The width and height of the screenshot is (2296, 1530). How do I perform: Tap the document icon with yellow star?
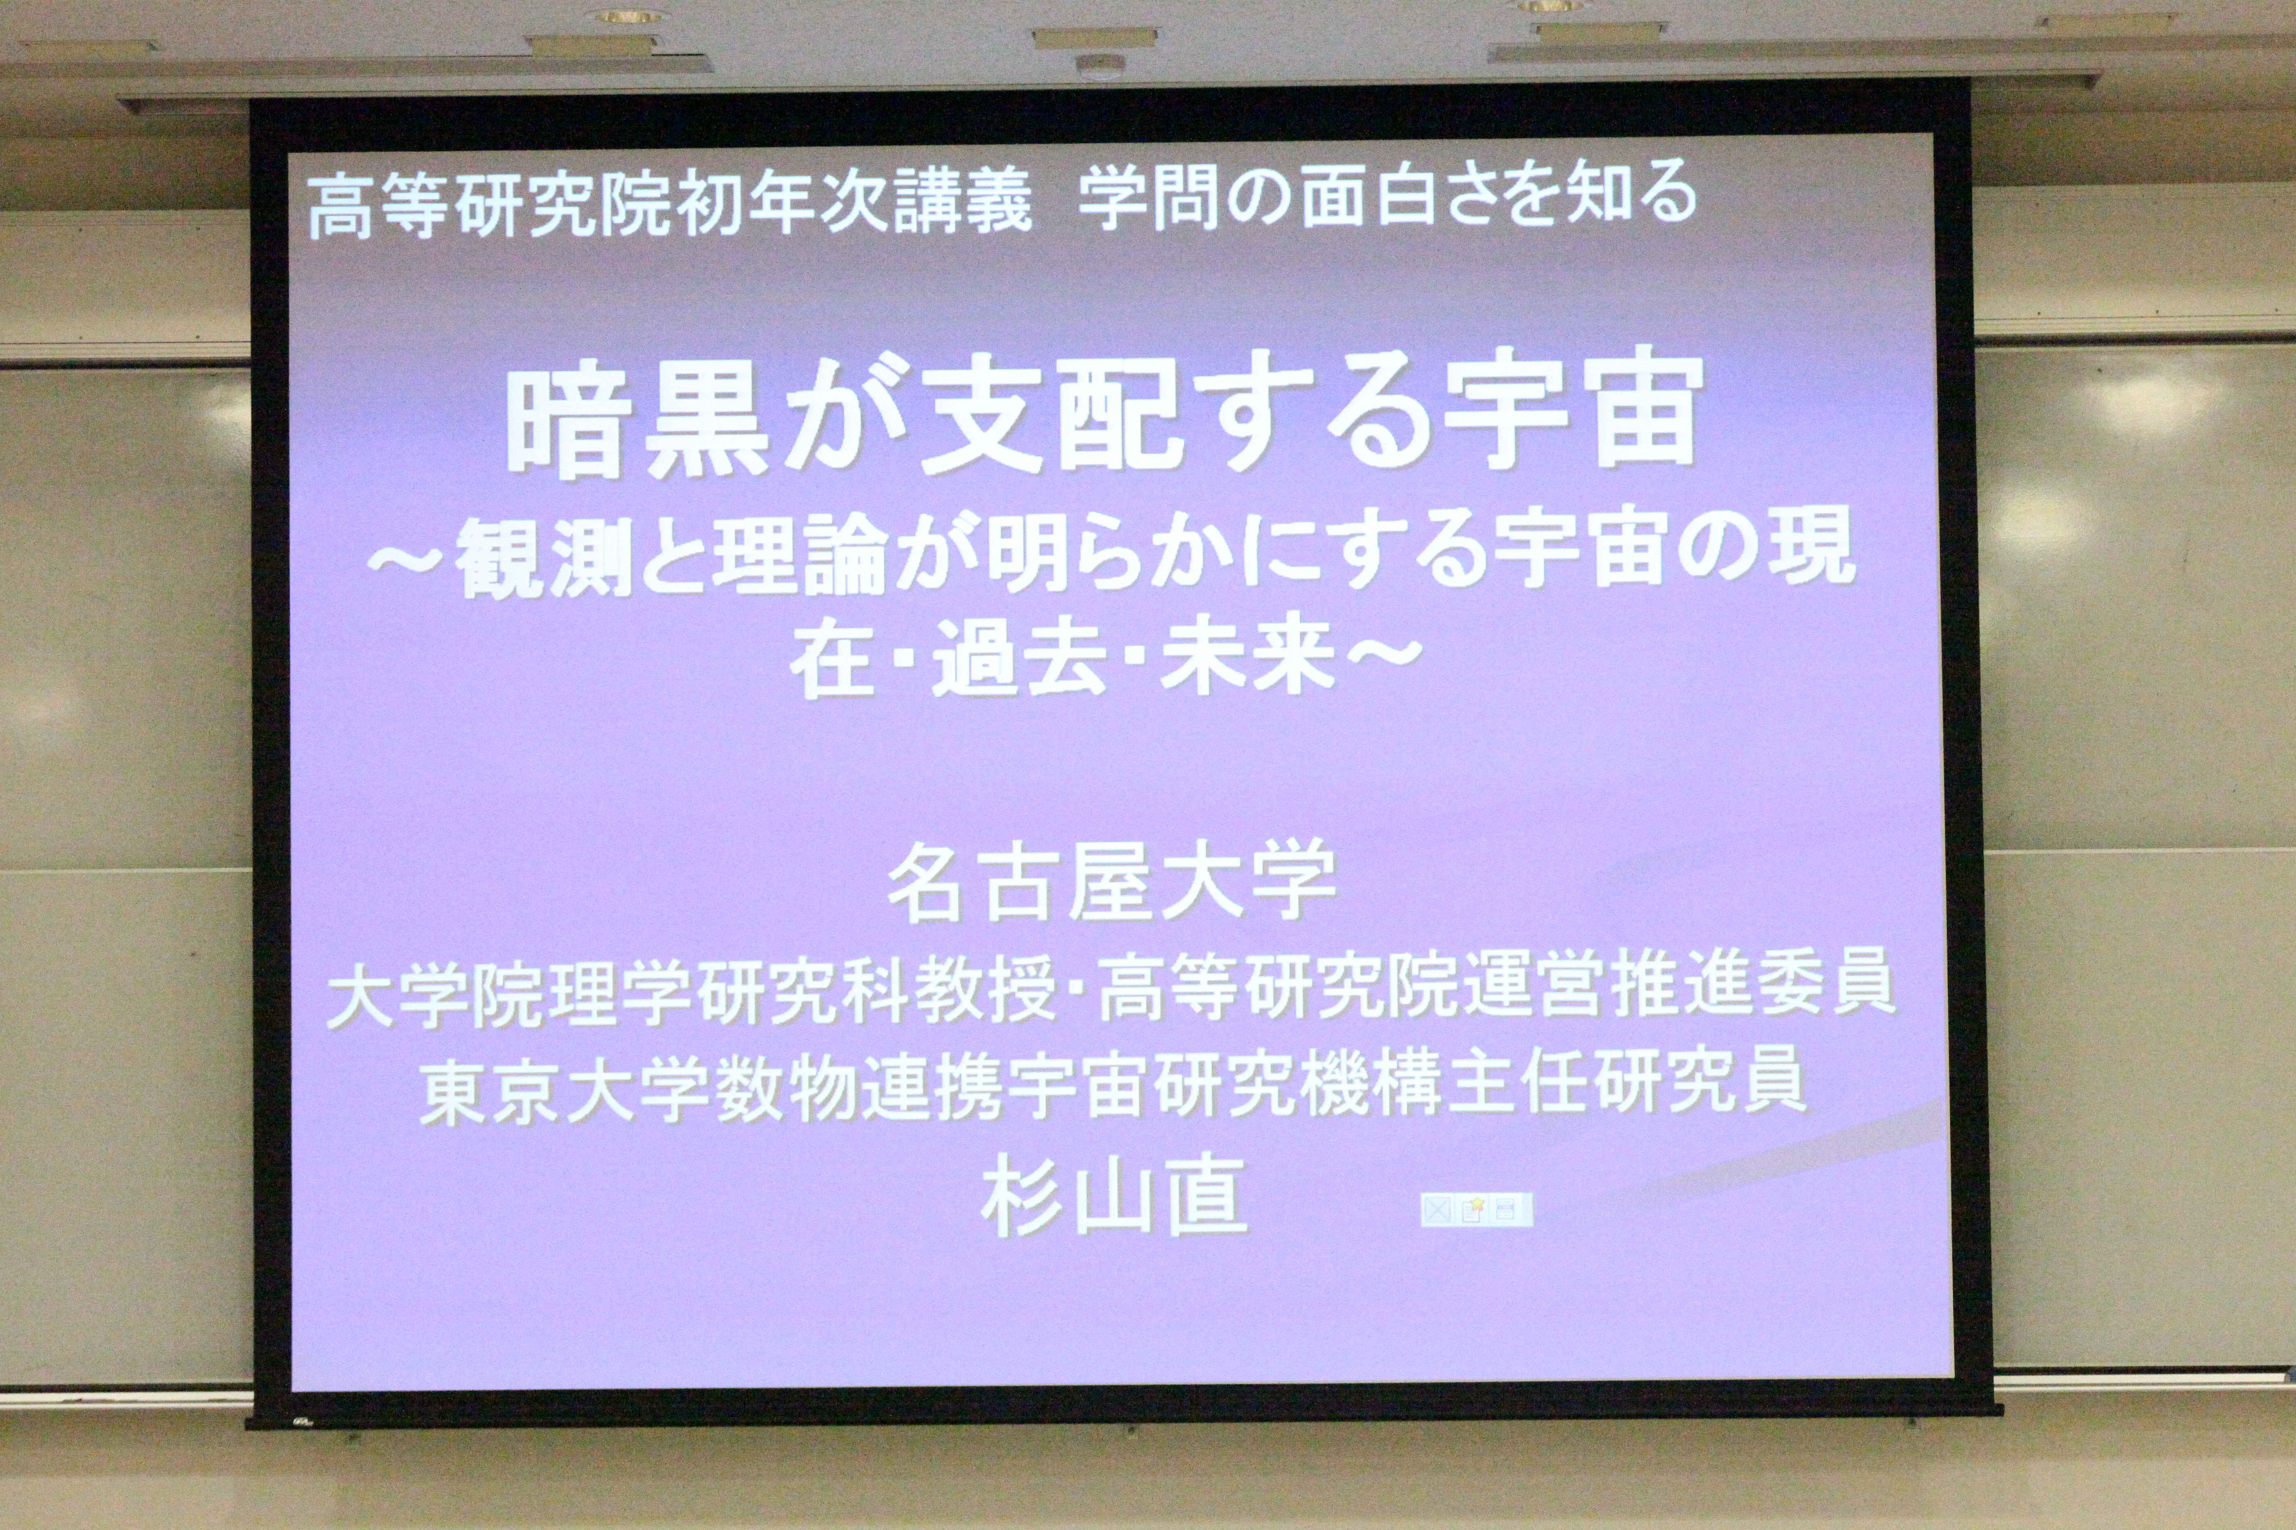[x=1474, y=1210]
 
